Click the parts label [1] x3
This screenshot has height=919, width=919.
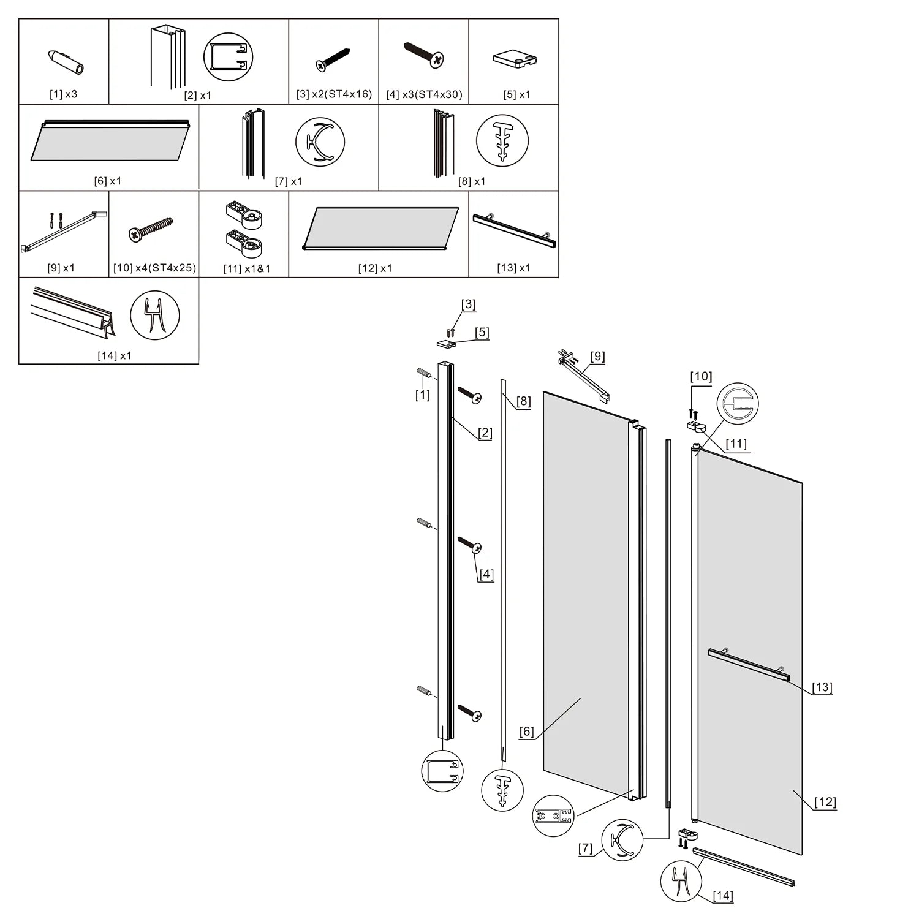(63, 94)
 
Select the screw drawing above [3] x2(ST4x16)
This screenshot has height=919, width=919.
(333, 59)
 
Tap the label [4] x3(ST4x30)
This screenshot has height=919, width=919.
(424, 95)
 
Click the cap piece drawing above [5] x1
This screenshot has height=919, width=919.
(515, 59)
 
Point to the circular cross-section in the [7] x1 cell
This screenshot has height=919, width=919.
(320, 142)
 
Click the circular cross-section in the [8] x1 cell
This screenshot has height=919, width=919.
(502, 140)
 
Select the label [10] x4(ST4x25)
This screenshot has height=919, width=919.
(154, 268)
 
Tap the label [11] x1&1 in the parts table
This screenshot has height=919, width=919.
(246, 268)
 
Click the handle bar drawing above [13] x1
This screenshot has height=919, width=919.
(513, 230)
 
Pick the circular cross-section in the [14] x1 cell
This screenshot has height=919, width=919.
(155, 316)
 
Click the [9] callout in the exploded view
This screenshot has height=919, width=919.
(597, 357)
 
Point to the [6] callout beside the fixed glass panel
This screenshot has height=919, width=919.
(526, 732)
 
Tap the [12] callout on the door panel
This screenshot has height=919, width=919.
(825, 802)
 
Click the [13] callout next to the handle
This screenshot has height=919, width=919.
(822, 687)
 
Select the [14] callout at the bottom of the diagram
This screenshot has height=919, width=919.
(723, 896)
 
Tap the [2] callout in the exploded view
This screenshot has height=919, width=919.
(485, 433)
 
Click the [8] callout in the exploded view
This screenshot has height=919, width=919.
(523, 402)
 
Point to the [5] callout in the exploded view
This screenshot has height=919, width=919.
(482, 333)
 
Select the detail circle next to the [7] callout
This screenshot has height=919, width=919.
(622, 840)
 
